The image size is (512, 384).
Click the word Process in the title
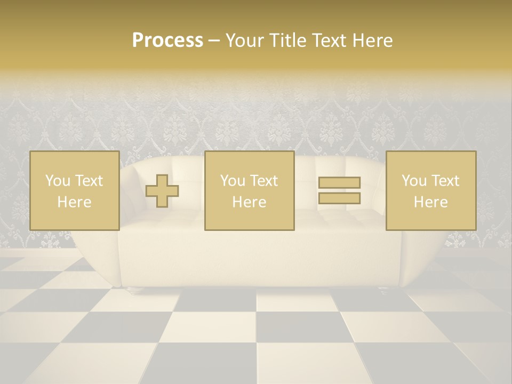[167, 41]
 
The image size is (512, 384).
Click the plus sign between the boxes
[162, 190]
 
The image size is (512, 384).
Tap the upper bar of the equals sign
[339, 182]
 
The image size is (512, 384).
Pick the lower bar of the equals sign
[339, 198]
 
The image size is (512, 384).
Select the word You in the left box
[57, 181]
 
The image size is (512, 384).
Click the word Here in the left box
[74, 202]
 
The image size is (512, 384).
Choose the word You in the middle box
[232, 181]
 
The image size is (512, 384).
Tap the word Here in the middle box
[249, 202]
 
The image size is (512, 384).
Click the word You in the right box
[413, 181]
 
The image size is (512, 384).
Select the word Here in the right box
[430, 202]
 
